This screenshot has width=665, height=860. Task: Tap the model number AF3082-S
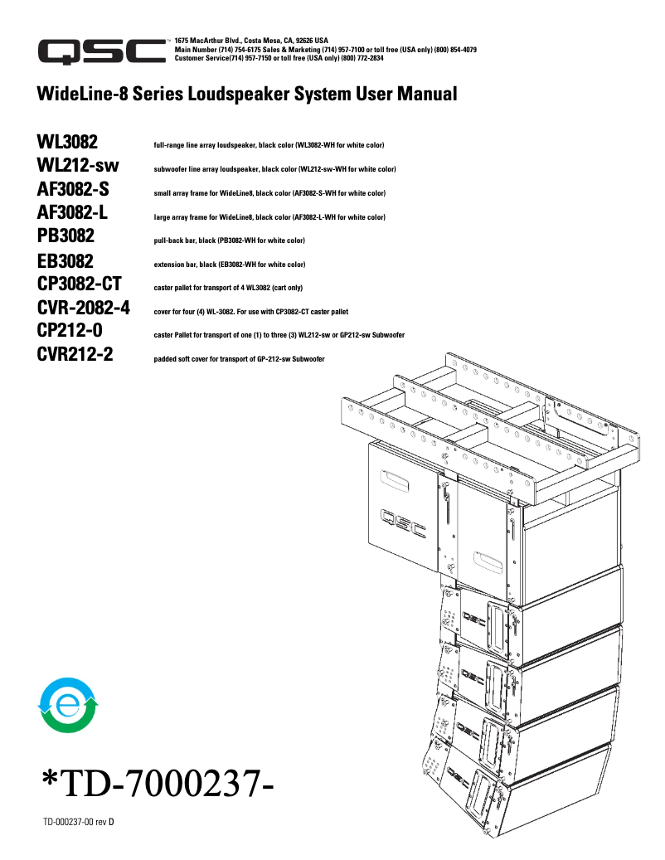coord(73,189)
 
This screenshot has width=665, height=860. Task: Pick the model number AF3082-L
coord(73,212)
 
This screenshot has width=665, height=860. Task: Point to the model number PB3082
coord(66,236)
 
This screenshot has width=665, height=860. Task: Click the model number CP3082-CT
coord(80,284)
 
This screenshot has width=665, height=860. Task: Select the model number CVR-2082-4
coord(83,309)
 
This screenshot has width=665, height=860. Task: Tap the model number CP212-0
coord(70,331)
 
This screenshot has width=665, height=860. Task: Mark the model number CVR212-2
coord(75,355)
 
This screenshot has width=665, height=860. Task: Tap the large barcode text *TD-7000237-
coord(158,784)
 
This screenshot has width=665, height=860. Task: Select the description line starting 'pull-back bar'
coord(229,241)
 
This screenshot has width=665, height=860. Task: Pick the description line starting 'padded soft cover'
coord(239,359)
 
